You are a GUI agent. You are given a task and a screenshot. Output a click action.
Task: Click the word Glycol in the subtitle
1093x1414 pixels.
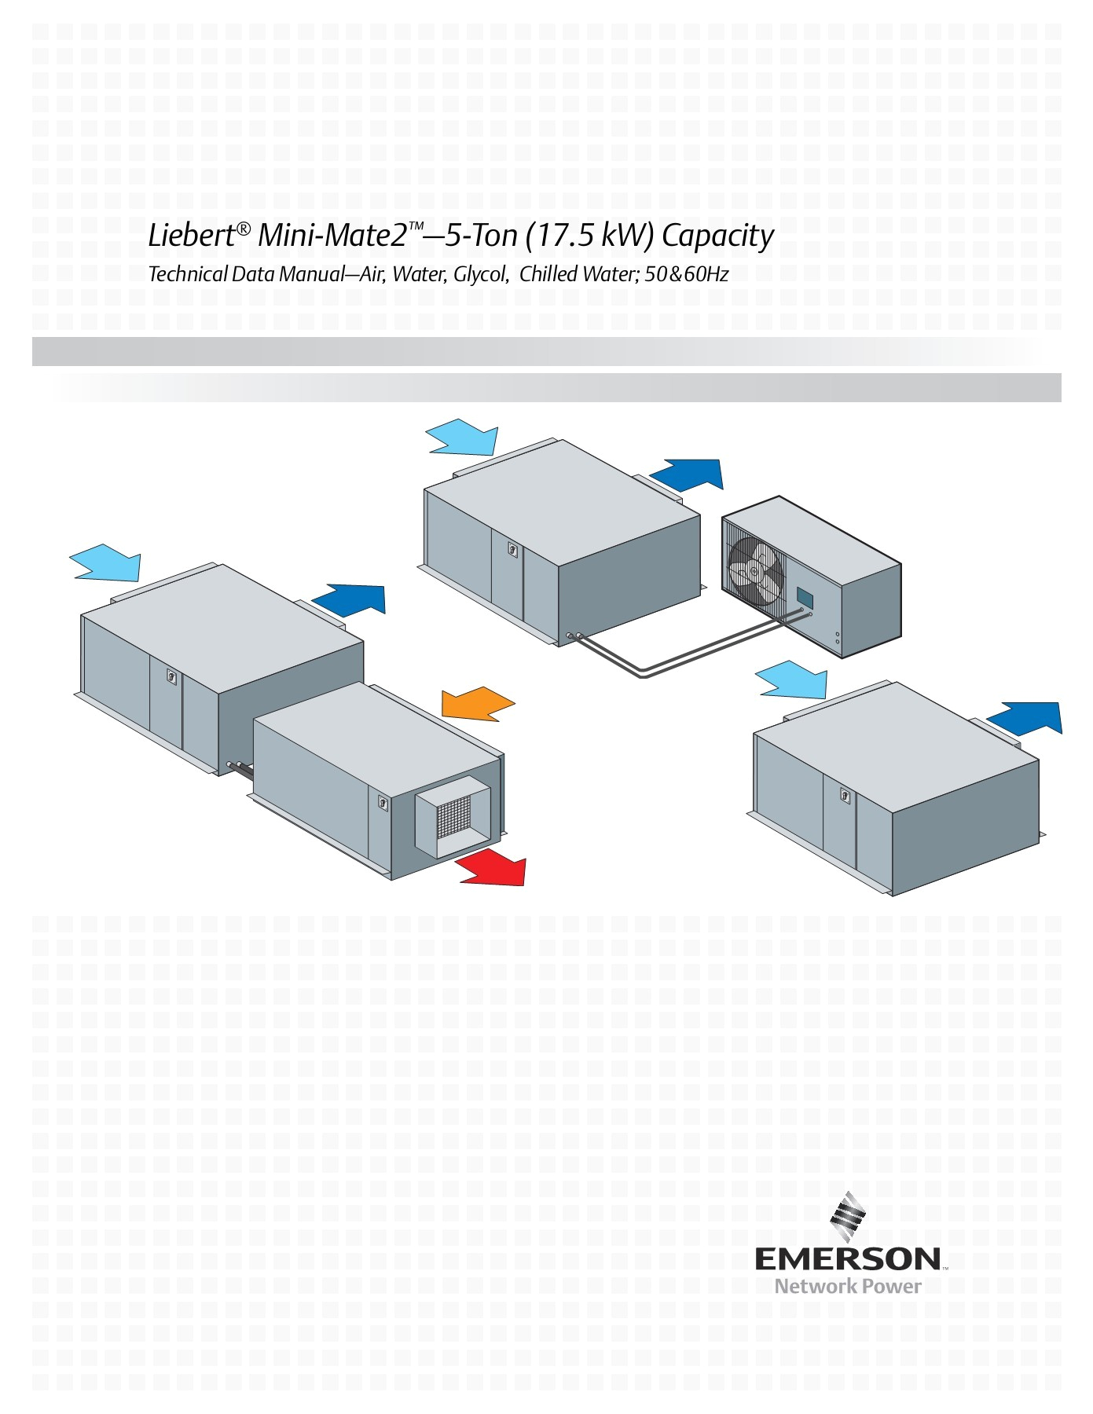480,274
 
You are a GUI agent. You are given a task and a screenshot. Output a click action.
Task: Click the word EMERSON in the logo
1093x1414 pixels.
847,1259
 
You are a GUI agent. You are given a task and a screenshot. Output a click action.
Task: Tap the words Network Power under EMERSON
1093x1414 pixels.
847,1286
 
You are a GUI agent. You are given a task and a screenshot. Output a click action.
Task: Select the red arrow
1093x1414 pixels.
493,868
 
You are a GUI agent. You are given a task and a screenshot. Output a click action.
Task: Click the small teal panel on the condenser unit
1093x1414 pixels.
805,595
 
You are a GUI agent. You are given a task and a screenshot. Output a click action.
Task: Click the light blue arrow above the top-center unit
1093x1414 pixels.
462,438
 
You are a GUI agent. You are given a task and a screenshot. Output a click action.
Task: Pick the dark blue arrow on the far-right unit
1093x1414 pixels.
1025,718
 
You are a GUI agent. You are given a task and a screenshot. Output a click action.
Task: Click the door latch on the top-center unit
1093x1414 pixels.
512,549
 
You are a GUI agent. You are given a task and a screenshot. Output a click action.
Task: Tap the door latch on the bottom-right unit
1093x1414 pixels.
845,794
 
